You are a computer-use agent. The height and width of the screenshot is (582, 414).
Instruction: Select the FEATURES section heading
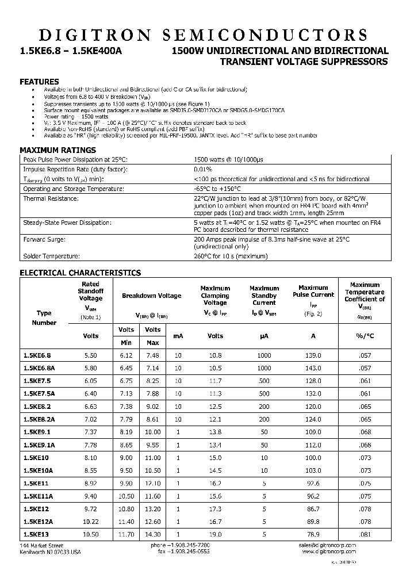[39, 82]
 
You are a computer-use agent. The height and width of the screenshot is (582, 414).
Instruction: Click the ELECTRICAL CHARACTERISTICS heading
[80, 273]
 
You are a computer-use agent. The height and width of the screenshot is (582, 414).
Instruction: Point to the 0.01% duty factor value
[203, 169]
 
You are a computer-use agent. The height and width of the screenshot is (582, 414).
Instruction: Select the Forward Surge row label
[44, 239]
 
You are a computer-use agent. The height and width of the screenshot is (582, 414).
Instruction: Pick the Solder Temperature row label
[51, 256]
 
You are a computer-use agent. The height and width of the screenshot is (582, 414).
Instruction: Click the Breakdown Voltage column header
[151, 296]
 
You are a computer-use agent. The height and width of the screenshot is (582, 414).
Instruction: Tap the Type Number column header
[44, 318]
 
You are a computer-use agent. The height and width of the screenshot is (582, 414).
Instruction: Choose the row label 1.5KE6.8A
[39, 367]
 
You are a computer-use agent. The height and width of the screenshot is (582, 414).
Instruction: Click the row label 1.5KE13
[36, 534]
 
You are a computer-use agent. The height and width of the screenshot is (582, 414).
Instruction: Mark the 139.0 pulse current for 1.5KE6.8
[313, 355]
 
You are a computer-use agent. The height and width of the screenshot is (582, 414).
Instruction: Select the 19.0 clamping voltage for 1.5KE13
[215, 534]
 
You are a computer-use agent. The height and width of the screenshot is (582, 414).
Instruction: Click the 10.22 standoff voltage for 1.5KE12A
[91, 522]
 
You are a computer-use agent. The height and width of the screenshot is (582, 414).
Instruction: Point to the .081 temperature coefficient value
[365, 534]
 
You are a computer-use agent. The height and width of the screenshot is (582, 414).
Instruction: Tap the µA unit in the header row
[264, 336]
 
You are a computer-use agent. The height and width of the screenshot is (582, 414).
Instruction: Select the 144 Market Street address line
[42, 545]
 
